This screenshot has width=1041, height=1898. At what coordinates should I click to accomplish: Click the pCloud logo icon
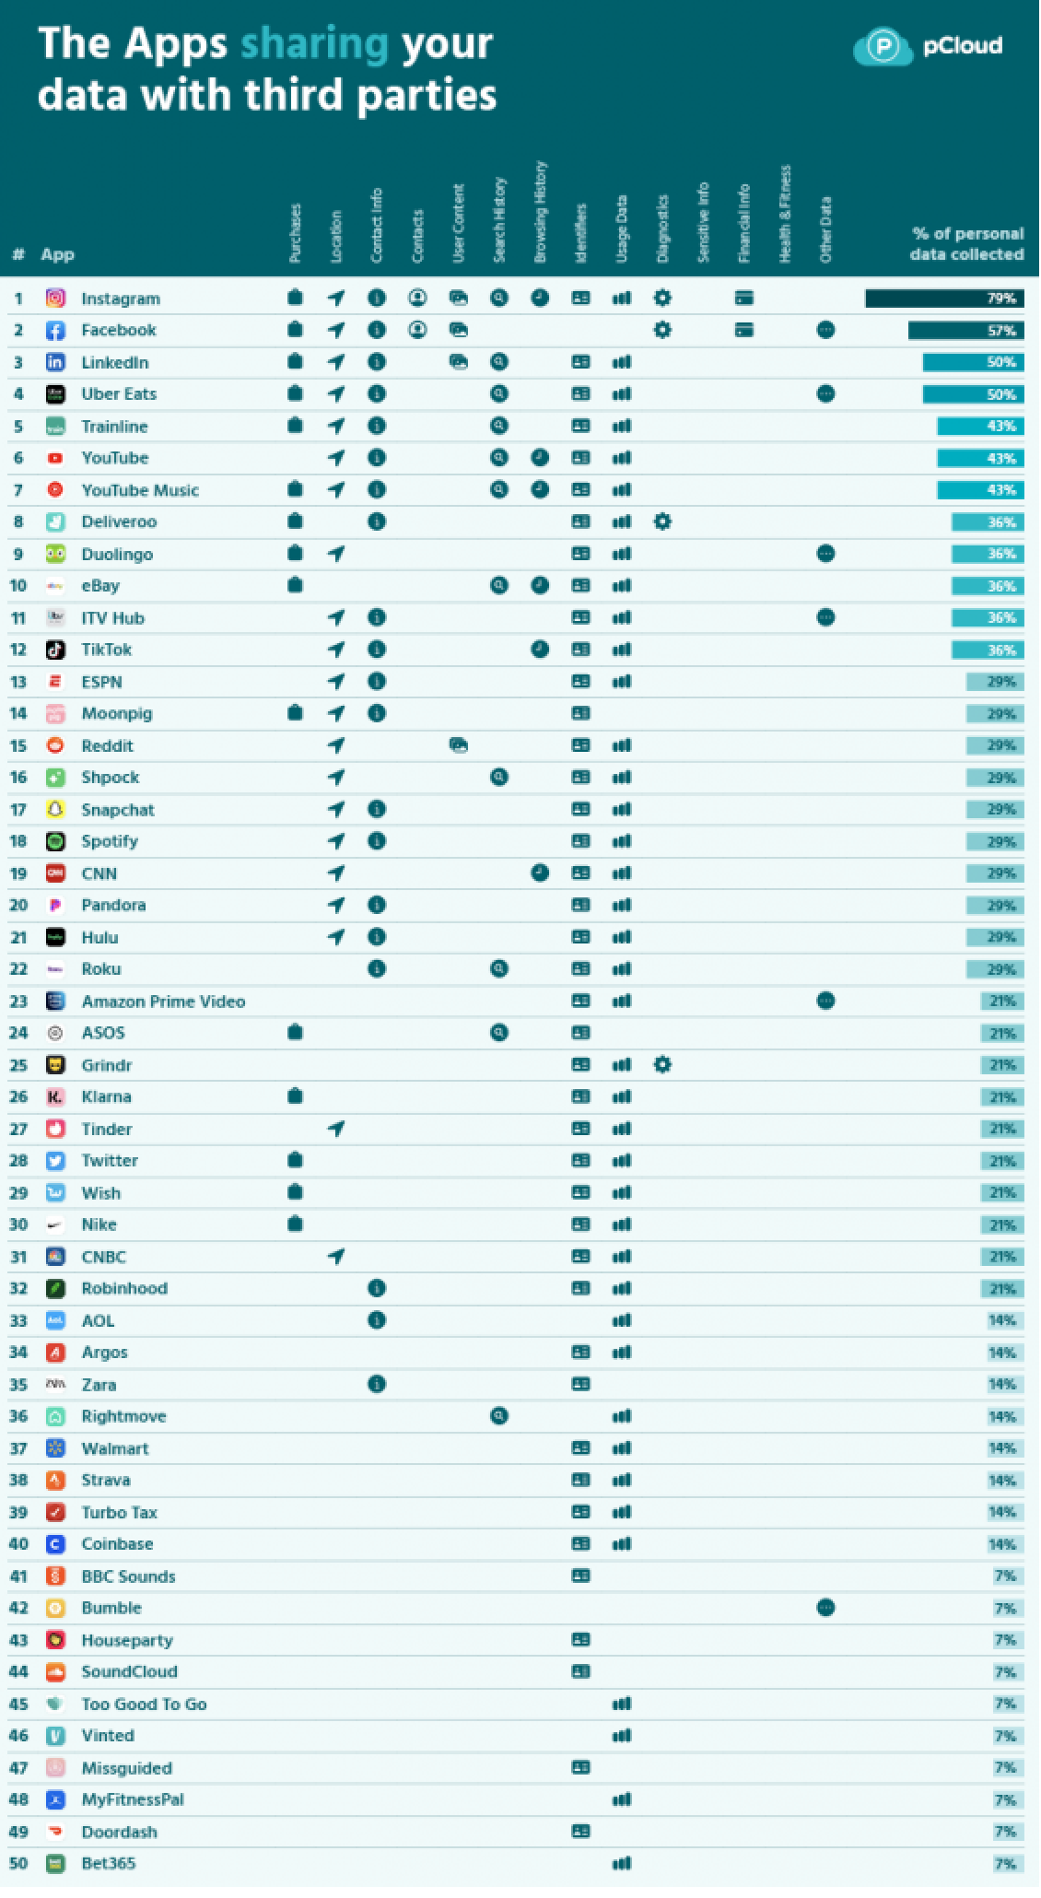[882, 46]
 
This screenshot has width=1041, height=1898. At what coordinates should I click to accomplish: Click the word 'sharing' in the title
[314, 44]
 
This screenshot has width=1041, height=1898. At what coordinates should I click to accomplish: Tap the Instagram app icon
[55, 298]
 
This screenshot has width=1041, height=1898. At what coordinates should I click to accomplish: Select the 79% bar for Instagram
[944, 298]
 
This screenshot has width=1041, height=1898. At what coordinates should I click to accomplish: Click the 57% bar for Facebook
[965, 330]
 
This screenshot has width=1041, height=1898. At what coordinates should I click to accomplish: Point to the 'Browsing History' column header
[540, 212]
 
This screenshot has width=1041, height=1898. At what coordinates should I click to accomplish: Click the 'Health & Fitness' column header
[785, 214]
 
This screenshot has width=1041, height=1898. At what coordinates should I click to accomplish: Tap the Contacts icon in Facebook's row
[417, 329]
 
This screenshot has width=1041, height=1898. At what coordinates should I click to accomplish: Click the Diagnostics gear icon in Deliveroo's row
[662, 521]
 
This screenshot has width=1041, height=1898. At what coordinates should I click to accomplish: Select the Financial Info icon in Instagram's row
[744, 298]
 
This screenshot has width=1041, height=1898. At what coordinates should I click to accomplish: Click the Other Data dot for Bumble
[826, 1608]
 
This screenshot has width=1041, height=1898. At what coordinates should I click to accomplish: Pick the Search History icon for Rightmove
[499, 1416]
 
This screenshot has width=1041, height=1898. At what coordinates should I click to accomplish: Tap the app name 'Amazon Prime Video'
[163, 1002]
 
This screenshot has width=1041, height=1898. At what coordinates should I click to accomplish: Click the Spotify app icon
[55, 841]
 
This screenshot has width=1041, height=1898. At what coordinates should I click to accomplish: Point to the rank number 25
[18, 1065]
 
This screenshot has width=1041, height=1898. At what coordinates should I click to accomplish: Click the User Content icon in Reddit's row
[458, 745]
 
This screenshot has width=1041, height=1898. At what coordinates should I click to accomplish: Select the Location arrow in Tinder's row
[336, 1129]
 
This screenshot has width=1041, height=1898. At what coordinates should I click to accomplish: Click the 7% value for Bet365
[1005, 1864]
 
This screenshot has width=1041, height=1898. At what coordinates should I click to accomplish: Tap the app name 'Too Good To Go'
[144, 1704]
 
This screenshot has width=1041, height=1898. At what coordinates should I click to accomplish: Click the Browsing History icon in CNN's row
[540, 873]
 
